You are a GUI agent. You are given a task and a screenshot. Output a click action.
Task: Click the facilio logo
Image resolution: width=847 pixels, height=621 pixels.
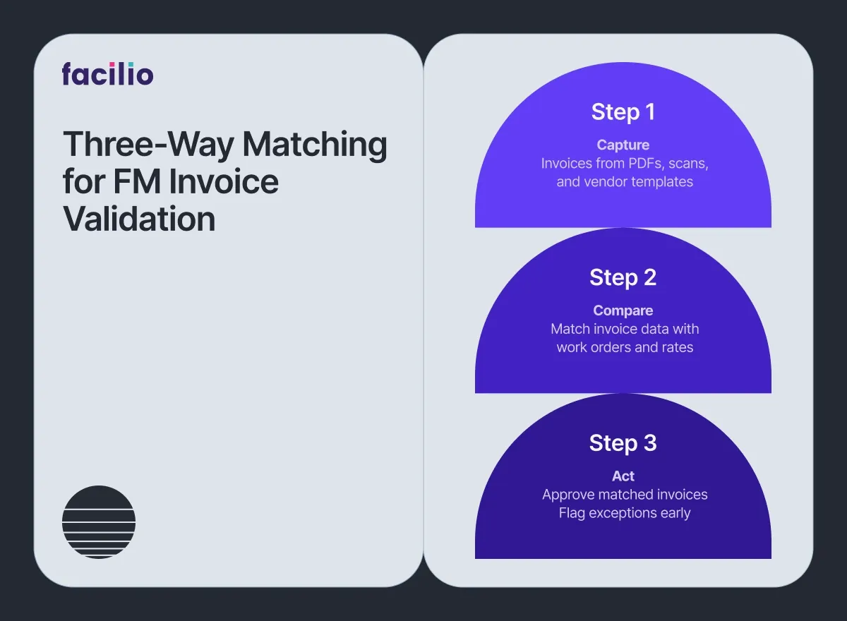pyautogui.click(x=108, y=73)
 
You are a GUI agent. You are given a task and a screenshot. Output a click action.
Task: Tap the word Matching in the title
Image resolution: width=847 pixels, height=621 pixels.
pyautogui.click(x=315, y=145)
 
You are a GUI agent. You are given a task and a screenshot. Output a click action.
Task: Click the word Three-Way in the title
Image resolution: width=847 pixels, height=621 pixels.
pyautogui.click(x=148, y=145)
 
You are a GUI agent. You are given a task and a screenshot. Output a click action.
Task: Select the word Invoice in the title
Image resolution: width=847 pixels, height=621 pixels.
pyautogui.click(x=224, y=181)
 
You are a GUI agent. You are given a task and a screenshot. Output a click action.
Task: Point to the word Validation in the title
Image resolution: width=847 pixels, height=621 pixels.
pyautogui.click(x=139, y=219)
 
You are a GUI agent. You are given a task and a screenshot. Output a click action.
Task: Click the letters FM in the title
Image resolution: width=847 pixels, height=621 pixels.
pyautogui.click(x=137, y=181)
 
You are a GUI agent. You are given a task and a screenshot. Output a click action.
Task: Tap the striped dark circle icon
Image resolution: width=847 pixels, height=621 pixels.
pyautogui.click(x=99, y=522)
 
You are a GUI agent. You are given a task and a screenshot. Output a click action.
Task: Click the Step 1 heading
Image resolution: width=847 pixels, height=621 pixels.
pyautogui.click(x=623, y=112)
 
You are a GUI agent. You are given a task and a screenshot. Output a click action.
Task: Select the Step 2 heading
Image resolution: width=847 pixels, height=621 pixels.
pyautogui.click(x=623, y=278)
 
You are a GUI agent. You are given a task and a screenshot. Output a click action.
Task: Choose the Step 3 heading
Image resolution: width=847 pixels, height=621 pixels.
pyautogui.click(x=623, y=443)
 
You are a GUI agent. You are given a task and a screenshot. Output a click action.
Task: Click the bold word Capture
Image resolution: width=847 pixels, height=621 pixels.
pyautogui.click(x=623, y=145)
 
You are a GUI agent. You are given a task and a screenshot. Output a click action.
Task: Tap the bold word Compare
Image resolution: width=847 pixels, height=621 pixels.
pyautogui.click(x=623, y=310)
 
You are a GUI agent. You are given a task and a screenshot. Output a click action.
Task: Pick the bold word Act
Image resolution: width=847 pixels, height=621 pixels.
pyautogui.click(x=623, y=476)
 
